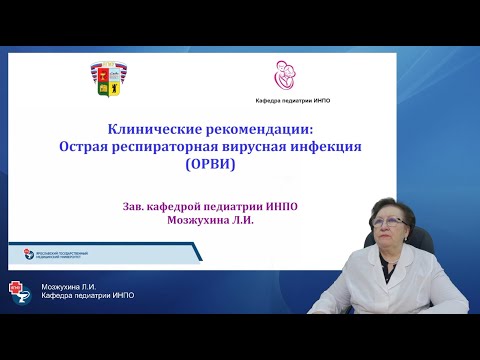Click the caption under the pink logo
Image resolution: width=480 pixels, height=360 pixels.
tap(285, 100)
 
